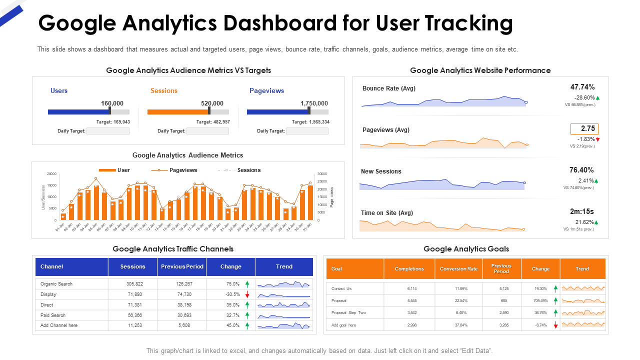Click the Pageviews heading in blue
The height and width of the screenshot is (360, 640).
pyautogui.click(x=266, y=90)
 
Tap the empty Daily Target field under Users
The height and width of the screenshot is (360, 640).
pyautogui.click(x=108, y=131)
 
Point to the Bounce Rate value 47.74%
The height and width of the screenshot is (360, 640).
pyautogui.click(x=582, y=87)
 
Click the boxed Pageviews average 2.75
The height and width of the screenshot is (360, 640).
pyautogui.click(x=584, y=128)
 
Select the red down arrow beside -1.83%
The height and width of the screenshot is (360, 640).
pyautogui.click(x=597, y=139)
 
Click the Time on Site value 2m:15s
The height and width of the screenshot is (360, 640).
pyautogui.click(x=582, y=211)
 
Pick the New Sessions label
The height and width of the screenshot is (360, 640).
pyautogui.click(x=381, y=171)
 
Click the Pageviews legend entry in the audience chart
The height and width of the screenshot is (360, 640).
pyautogui.click(x=183, y=170)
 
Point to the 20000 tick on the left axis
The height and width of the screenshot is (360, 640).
pyautogui.click(x=51, y=174)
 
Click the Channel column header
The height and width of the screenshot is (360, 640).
pyautogui.click(x=52, y=266)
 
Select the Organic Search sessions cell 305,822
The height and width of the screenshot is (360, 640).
pyautogui.click(x=132, y=284)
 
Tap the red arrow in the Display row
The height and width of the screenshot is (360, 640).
pyautogui.click(x=247, y=295)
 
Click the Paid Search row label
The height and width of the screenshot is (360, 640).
pyautogui.click(x=53, y=315)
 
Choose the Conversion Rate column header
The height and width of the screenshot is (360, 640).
pyautogui.click(x=458, y=269)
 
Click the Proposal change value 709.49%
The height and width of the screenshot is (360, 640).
pyautogui.click(x=540, y=301)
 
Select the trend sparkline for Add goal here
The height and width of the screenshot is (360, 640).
pyautogui.click(x=583, y=324)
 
